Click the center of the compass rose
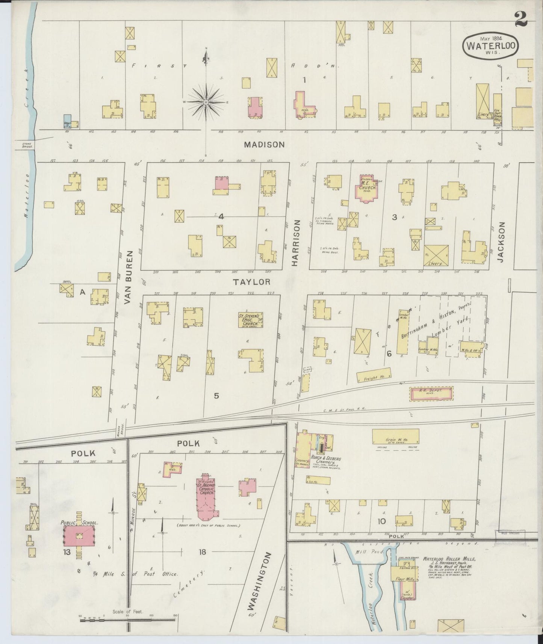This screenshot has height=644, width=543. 206,102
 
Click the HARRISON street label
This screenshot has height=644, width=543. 295,243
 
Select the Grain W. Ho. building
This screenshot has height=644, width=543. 396,436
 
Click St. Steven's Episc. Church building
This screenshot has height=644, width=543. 250,319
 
